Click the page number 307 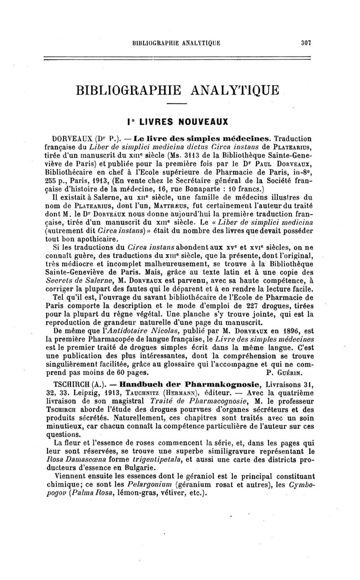point(307,43)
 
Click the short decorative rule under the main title point(176,105)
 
